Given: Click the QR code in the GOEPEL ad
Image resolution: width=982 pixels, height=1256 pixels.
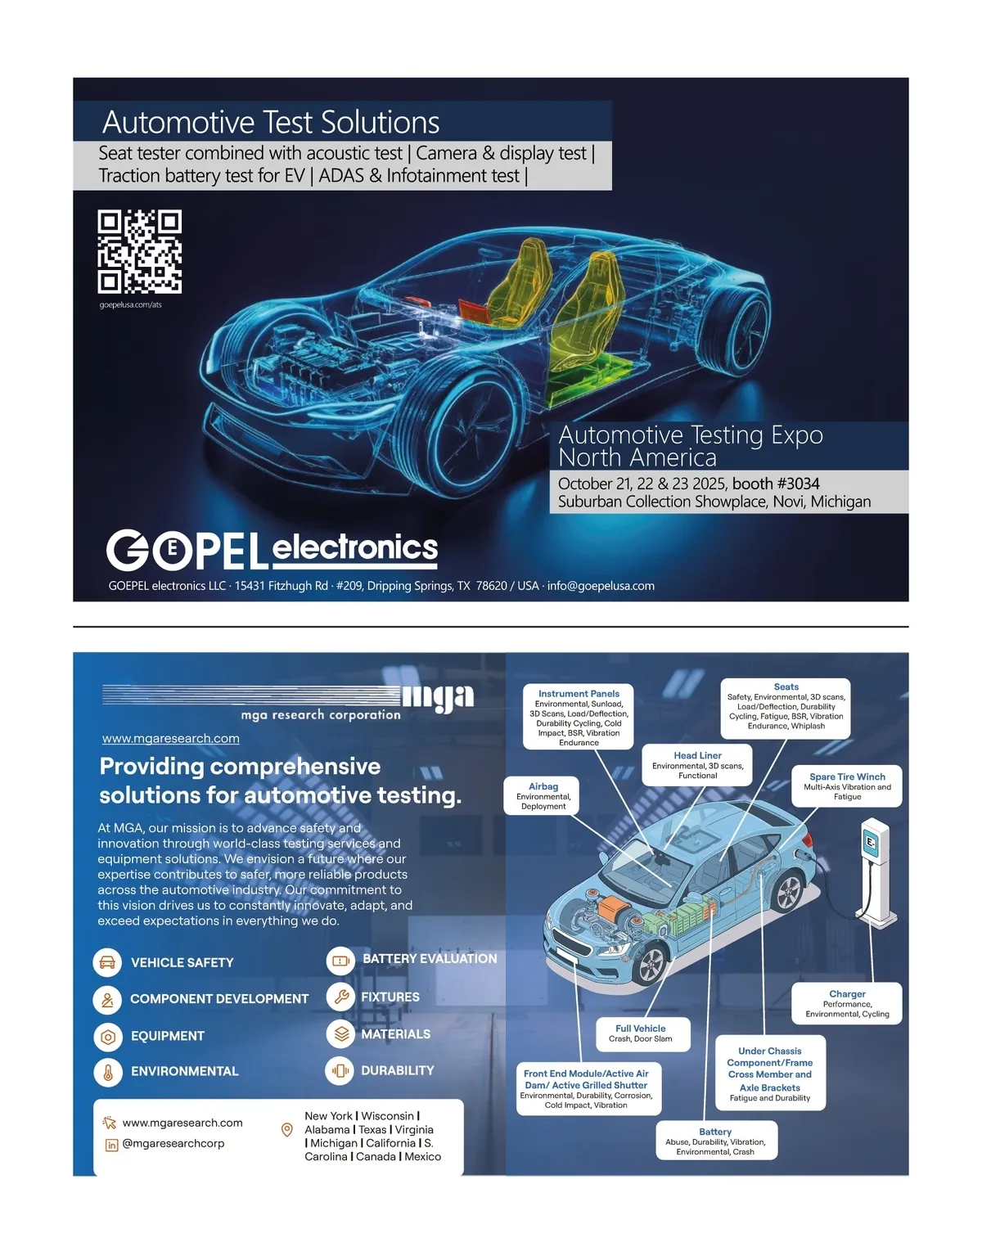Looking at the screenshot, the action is coord(139,251).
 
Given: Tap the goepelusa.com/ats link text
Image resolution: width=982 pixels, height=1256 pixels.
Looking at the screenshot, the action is coord(131,304).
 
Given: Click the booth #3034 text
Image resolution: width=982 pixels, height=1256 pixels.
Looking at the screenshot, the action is coord(776,484).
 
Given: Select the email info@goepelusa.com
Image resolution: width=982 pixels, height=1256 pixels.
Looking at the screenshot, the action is coord(601,586).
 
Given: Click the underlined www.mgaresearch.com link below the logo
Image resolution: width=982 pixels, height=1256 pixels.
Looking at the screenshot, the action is coord(170,738).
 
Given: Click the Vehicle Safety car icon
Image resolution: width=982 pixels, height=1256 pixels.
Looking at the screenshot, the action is coord(107,962).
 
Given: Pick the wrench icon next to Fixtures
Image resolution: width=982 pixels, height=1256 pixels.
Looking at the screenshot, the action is coord(341,997).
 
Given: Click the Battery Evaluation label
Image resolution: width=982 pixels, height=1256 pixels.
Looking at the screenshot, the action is coord(430,958).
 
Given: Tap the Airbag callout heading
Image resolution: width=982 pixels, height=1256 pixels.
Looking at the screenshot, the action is coord(543,786).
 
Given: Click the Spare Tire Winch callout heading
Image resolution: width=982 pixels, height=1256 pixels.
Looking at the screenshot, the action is coord(847,777).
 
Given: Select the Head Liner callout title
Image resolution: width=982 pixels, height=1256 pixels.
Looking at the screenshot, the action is coord(698,755).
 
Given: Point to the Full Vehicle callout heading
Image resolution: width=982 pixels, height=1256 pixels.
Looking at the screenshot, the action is coord(641,1029).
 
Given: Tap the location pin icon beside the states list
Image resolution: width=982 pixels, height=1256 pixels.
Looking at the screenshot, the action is coord(286,1129).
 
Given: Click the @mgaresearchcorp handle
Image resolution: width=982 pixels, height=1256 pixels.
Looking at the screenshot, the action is coord(173,1143).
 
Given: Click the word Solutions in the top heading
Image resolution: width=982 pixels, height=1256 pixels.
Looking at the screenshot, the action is coord(380,122).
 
